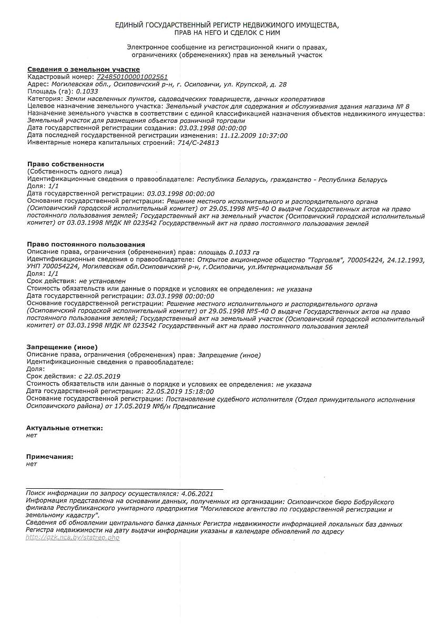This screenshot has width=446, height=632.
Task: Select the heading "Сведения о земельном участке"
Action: point(83,70)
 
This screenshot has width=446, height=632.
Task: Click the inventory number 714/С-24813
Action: point(198,143)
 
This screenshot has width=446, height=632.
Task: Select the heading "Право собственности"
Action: point(65,164)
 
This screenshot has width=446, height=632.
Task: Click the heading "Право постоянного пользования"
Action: point(86,244)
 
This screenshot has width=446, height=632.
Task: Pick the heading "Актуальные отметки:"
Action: point(65,428)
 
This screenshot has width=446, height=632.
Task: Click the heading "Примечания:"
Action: point(50,457)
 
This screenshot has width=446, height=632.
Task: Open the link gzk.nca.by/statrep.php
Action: point(73,538)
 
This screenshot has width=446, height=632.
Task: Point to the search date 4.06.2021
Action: point(197,494)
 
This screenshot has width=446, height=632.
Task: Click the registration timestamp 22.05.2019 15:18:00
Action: point(180,392)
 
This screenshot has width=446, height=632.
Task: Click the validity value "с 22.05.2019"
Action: point(99,377)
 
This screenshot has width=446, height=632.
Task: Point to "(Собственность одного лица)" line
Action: point(74,172)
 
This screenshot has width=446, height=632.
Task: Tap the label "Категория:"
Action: point(43,99)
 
